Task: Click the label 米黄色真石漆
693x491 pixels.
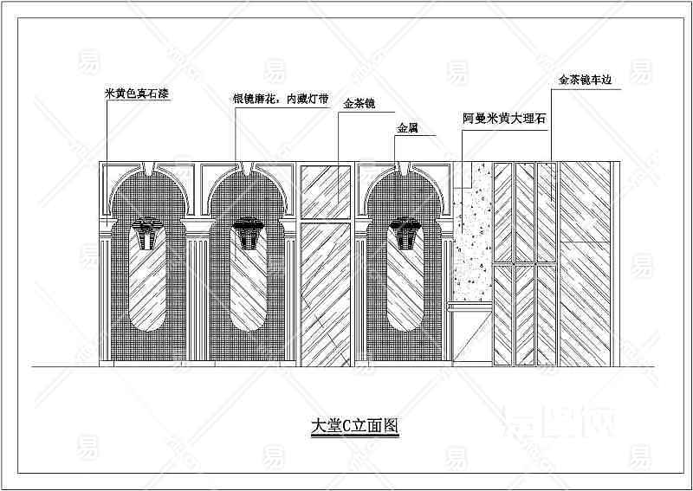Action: point(137,94)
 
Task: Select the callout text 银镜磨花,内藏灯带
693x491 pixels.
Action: point(281,99)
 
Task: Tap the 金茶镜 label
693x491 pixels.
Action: point(359,104)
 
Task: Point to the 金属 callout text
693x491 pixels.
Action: point(407,129)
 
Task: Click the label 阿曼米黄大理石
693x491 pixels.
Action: point(504,119)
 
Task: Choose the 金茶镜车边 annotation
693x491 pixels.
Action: point(584,80)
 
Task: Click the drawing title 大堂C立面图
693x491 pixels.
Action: point(355,426)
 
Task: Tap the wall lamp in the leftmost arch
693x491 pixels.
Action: point(147,233)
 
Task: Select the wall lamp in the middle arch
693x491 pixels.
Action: point(249,233)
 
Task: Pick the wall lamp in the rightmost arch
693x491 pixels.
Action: point(405,233)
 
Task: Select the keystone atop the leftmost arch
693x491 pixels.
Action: point(147,168)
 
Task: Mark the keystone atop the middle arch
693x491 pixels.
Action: point(247,168)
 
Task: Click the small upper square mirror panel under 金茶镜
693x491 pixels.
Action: point(326,191)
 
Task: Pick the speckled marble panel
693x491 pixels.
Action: point(472,231)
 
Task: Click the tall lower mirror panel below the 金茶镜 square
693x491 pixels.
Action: point(326,294)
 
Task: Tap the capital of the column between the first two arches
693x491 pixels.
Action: point(198,227)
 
